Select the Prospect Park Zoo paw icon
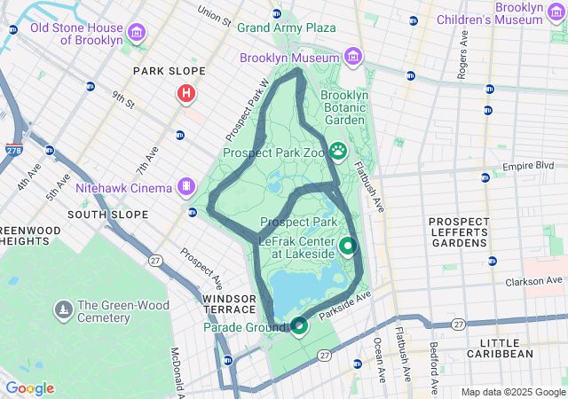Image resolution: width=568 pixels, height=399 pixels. [338, 151]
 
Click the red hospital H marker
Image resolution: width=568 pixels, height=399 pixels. [186, 93]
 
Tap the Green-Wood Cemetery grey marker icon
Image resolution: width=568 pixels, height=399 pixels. [63, 310]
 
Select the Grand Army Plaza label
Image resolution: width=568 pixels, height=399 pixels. [286, 27]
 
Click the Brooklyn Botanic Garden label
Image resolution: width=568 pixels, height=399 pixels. [343, 107]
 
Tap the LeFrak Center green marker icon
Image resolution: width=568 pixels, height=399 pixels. [348, 246]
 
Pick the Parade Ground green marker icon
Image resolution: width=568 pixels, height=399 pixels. [300, 326]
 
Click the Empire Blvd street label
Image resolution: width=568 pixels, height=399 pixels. [527, 166]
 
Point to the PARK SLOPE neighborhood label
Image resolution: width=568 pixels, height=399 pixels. [169, 71]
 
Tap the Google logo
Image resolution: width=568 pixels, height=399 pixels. [29, 388]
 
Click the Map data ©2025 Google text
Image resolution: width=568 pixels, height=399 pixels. [512, 392]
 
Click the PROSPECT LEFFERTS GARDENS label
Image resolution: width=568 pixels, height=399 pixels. [458, 232]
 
